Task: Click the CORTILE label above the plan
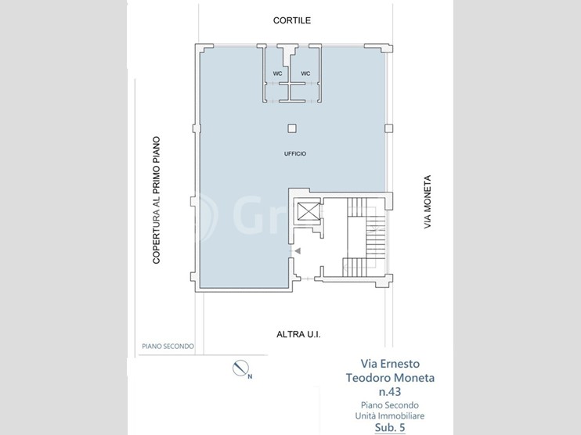(x=292, y=20)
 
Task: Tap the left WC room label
(x=277, y=74)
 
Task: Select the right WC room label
(x=305, y=74)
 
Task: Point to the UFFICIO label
(x=295, y=153)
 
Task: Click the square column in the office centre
(x=292, y=128)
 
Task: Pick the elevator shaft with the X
(x=309, y=211)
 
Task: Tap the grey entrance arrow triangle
(x=298, y=251)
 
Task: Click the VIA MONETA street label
(x=428, y=202)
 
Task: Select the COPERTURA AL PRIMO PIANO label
(x=157, y=200)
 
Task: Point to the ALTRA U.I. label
(x=298, y=335)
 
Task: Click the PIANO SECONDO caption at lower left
(x=168, y=347)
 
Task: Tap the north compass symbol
(x=240, y=368)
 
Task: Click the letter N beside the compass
(x=250, y=377)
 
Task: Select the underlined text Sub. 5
(x=390, y=428)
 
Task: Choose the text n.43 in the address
(x=390, y=391)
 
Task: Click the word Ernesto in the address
(x=401, y=364)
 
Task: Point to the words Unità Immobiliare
(x=390, y=415)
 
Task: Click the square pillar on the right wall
(x=388, y=128)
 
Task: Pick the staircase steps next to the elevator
(x=366, y=237)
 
